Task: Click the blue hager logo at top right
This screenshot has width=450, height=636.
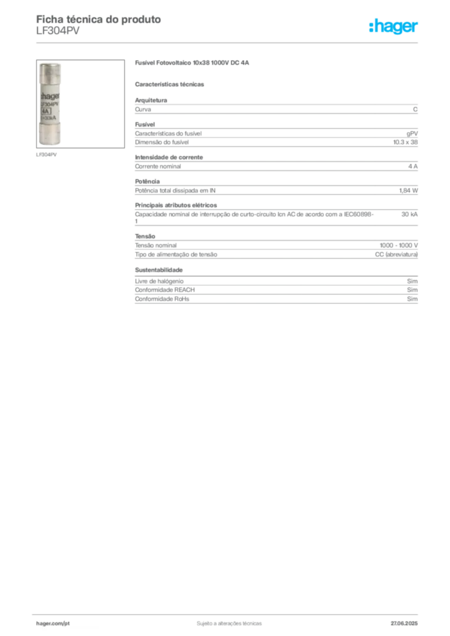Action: (x=394, y=27)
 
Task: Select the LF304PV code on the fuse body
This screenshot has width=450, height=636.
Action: (x=48, y=104)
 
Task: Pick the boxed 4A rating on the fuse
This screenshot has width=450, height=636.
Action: (x=45, y=112)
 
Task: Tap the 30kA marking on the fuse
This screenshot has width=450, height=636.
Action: (x=48, y=120)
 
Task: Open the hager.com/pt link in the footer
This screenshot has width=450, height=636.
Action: (x=53, y=622)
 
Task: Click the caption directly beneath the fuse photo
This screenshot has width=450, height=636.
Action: (x=47, y=153)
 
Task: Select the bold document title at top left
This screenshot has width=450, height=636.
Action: (x=99, y=19)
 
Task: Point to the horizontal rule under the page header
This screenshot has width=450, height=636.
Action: (x=229, y=42)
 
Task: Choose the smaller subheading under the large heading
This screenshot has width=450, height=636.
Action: (x=171, y=83)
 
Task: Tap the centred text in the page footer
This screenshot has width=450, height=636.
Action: (x=229, y=621)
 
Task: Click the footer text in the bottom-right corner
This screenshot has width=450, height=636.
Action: (x=407, y=621)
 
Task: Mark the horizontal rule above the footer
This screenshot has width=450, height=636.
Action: (x=229, y=613)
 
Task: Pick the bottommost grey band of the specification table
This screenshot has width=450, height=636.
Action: (x=276, y=302)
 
